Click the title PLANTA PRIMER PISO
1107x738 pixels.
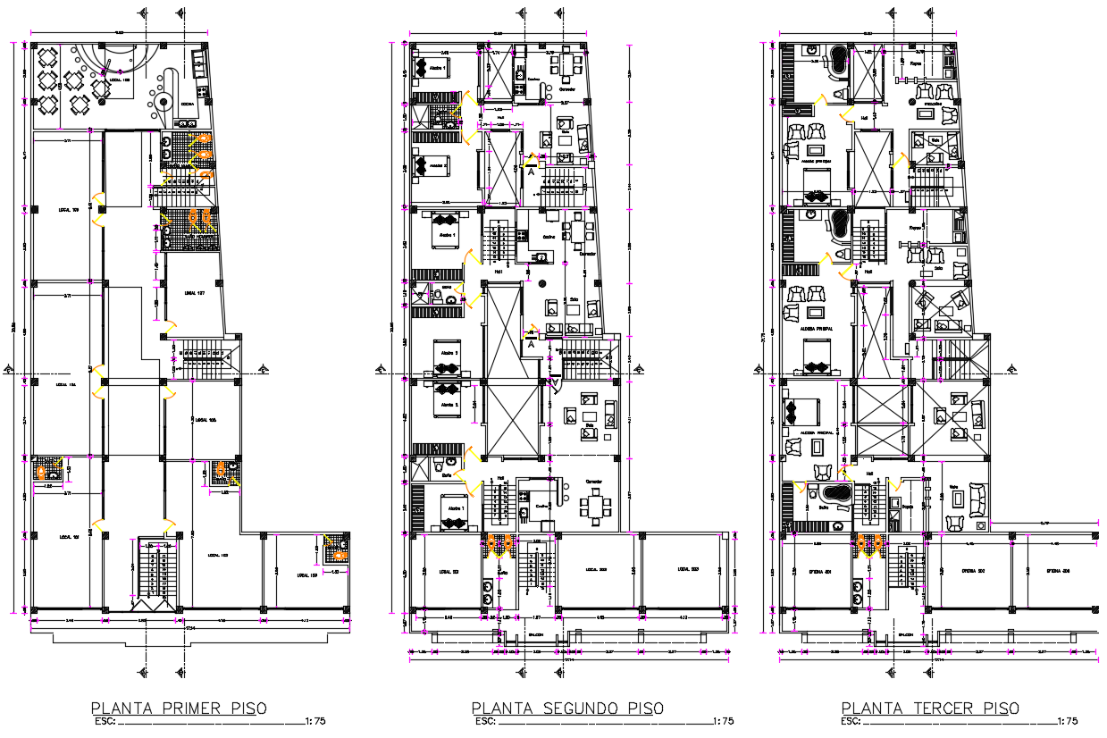pos(179,709)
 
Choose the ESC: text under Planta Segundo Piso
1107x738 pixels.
pos(485,721)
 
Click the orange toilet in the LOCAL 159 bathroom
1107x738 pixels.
pos(337,542)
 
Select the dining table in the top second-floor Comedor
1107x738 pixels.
pos(568,64)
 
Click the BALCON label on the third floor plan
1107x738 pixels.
pos(905,635)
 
